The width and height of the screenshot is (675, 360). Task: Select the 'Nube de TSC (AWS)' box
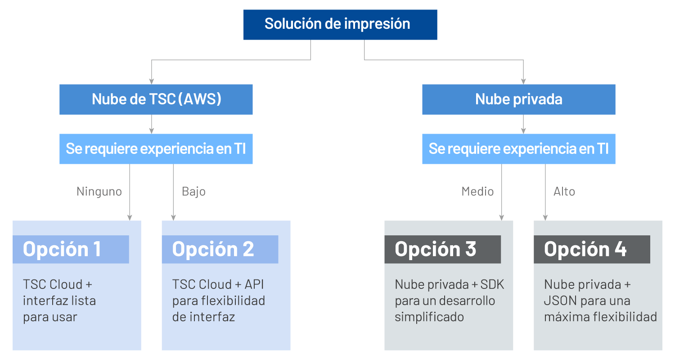point(156,99)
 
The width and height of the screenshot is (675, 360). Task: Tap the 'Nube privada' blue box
point(518,99)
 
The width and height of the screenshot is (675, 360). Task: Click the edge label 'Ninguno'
point(99,192)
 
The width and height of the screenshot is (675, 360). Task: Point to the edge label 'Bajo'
point(193,192)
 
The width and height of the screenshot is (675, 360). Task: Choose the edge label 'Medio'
point(477,192)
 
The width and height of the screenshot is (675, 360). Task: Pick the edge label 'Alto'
point(564,192)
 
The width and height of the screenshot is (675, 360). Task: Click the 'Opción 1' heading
point(62,249)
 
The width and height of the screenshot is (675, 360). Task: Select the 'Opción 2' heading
point(213,249)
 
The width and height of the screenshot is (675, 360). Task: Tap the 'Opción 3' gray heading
point(435,249)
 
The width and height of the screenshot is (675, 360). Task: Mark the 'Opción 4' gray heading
point(585,249)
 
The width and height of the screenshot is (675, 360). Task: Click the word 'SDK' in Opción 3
point(492,285)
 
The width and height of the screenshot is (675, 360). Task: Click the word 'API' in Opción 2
point(254,285)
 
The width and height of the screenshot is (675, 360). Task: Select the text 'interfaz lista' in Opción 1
point(59,301)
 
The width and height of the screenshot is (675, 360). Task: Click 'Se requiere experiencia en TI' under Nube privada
point(518,149)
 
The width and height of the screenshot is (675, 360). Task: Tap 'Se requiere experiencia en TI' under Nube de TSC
point(156,149)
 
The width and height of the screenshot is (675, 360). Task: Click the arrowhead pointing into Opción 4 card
point(545,217)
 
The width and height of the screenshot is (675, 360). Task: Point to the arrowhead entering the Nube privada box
point(523,81)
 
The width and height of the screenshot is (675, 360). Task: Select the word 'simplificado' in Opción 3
point(429,317)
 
